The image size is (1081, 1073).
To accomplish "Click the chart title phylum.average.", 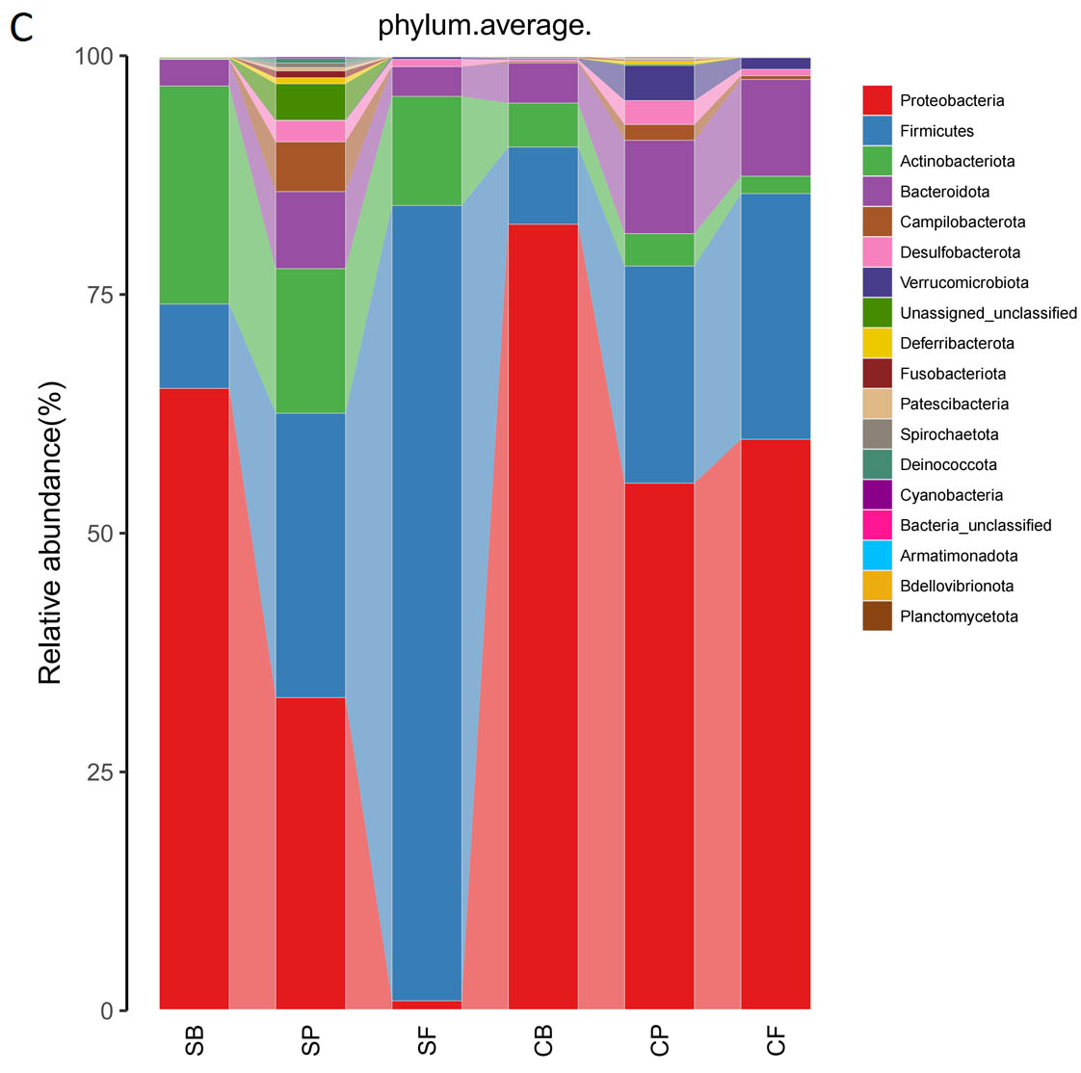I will (x=484, y=25).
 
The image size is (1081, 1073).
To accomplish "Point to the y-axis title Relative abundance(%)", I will (x=50, y=533).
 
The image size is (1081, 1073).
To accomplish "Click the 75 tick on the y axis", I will (x=100, y=295).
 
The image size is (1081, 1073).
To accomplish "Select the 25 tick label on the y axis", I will (x=100, y=772).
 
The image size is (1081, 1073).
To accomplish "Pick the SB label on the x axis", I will (x=195, y=1041).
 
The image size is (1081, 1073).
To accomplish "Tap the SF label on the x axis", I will (x=427, y=1041).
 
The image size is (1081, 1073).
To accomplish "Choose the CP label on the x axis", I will (x=660, y=1041).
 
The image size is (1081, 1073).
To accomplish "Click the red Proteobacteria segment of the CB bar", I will (x=543, y=616).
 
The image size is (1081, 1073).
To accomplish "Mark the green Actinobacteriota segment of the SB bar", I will (x=194, y=195).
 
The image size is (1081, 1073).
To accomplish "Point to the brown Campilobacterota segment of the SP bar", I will (x=310, y=167).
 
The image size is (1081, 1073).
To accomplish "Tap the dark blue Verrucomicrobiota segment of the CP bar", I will (x=660, y=83).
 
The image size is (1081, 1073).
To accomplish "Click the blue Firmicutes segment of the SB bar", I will (x=194, y=346).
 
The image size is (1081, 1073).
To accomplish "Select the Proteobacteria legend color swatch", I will (x=877, y=100).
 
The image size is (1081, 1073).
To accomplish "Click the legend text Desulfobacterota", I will (x=960, y=252).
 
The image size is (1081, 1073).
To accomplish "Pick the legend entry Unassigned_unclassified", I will (x=988, y=313).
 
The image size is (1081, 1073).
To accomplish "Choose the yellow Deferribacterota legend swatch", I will (x=877, y=343).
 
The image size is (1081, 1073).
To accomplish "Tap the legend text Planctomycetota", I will (x=959, y=616).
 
